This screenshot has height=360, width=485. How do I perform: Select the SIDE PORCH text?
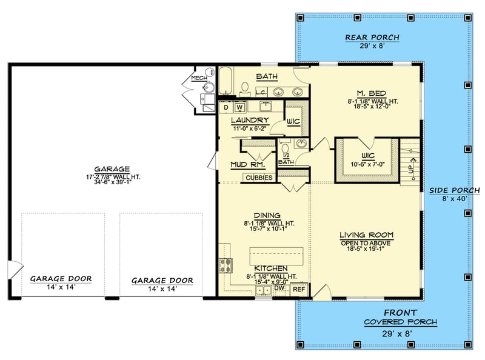click(454, 190)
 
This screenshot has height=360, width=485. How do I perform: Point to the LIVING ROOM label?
click(366, 235)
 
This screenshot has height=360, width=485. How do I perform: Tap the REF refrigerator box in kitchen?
click(299, 290)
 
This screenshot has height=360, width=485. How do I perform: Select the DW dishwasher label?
click(279, 289)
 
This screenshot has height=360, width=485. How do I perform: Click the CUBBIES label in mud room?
click(259, 177)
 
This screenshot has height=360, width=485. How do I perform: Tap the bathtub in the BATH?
click(227, 83)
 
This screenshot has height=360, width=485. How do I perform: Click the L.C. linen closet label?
click(261, 92)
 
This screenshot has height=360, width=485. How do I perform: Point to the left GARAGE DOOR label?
click(61, 279)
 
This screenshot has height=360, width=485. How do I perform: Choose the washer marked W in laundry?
click(239, 108)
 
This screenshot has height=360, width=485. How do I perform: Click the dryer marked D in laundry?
click(226, 108)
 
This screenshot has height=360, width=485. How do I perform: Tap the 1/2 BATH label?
click(286, 159)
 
